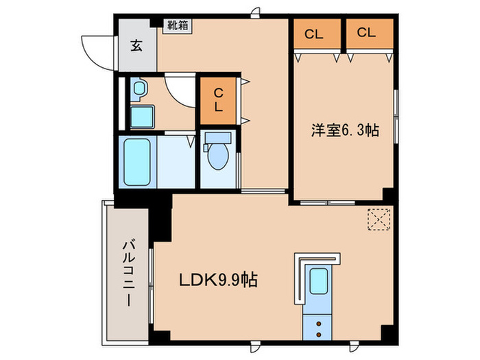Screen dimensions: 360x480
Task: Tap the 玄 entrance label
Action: pyautogui.click(x=136, y=47)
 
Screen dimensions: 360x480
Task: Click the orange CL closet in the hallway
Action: pyautogui.click(x=217, y=101)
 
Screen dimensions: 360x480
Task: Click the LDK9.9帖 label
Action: pyautogui.click(x=219, y=280)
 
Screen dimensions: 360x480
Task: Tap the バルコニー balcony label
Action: pyautogui.click(x=128, y=272)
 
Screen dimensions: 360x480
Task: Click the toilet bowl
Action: pyautogui.click(x=218, y=158)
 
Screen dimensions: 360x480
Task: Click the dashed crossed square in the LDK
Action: pyautogui.click(x=378, y=219)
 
